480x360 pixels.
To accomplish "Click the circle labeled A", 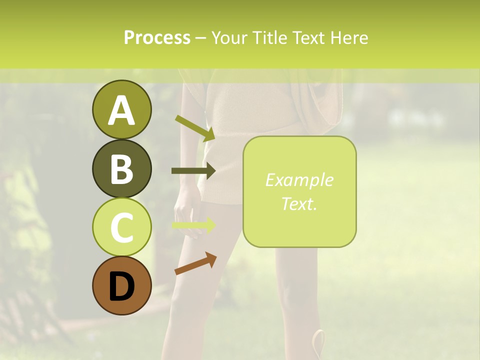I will click(x=121, y=109).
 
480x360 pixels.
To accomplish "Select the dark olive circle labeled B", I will click(x=121, y=168).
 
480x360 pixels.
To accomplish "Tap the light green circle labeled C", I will click(x=121, y=227).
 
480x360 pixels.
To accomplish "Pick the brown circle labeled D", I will click(x=121, y=285).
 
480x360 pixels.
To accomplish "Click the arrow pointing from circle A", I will click(x=194, y=128).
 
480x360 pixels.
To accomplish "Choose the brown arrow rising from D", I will click(x=195, y=263).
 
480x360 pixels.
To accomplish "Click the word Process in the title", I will click(x=157, y=37).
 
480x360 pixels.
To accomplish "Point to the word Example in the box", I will click(x=299, y=180).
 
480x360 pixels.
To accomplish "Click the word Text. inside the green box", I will click(x=299, y=203).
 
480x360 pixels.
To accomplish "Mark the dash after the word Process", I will click(x=200, y=38).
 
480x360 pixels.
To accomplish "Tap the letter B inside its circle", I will click(x=121, y=169).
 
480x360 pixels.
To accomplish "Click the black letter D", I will click(x=121, y=286).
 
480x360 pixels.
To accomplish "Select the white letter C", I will click(x=121, y=227).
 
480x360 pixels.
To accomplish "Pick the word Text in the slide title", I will click(x=309, y=37).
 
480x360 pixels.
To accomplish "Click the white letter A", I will click(x=121, y=110).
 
